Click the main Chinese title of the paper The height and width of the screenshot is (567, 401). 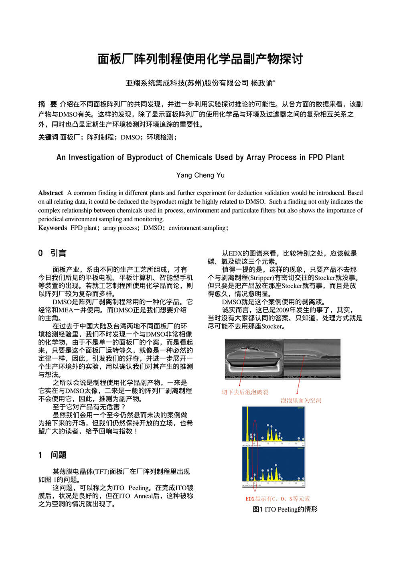[200, 59]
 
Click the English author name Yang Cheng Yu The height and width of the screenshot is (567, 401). [200, 175]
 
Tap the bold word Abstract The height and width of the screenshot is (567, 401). [51, 193]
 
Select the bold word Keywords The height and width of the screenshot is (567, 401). [53, 228]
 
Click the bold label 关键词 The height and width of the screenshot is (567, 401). [48, 137]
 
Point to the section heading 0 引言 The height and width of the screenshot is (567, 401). [52, 253]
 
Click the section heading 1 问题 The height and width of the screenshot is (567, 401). [52, 455]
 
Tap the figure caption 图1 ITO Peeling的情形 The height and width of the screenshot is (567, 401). [285, 510]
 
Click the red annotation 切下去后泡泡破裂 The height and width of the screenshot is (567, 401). [245, 392]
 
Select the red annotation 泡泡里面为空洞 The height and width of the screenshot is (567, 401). [301, 400]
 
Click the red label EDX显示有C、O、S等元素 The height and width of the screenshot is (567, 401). [277, 499]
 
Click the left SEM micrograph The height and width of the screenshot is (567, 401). [254, 359]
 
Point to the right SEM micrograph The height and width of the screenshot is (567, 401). [312, 359]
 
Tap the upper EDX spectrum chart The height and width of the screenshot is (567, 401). [273, 426]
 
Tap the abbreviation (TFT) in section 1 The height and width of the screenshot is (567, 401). [100, 472]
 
